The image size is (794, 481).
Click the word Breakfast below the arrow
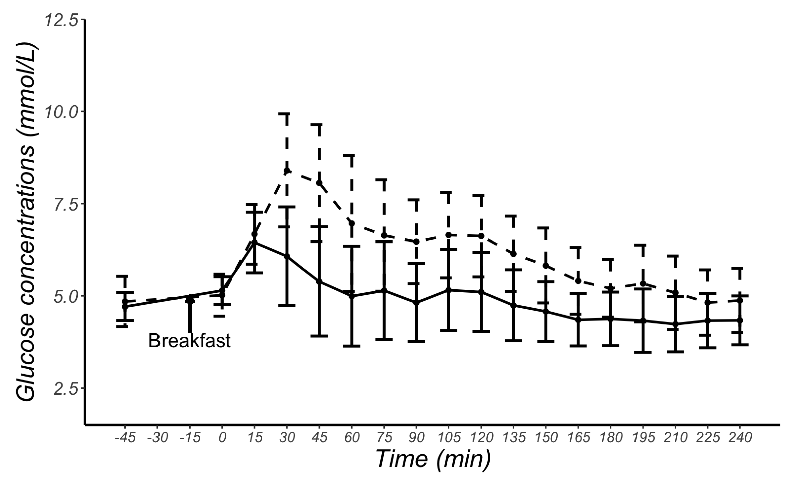click(x=190, y=341)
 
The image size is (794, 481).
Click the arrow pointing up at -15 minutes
click(x=190, y=314)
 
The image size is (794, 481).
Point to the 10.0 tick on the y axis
click(x=61, y=112)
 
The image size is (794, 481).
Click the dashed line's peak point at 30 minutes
click(x=287, y=170)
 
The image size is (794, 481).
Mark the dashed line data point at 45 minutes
click(x=319, y=183)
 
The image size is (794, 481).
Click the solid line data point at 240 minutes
click(x=740, y=320)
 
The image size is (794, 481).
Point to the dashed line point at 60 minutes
click(x=352, y=223)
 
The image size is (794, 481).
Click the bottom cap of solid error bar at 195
click(x=643, y=353)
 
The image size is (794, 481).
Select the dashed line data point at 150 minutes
click(x=546, y=265)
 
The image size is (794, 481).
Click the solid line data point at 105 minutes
click(x=448, y=290)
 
